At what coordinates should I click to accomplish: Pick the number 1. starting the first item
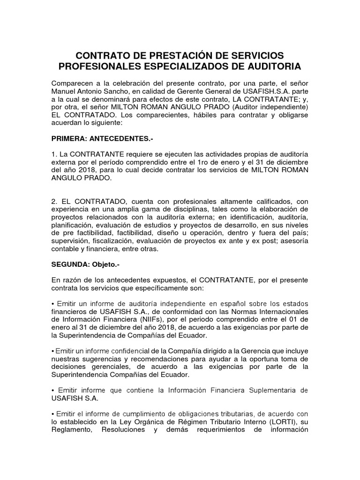tap(54, 155)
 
